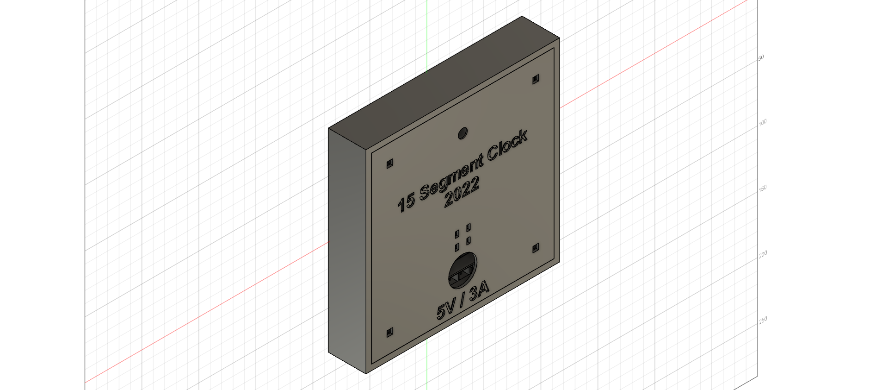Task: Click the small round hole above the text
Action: point(462,134)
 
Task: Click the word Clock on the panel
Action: point(507,146)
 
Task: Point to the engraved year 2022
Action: point(462,193)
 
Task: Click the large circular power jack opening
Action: point(462,270)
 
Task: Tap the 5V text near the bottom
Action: point(447,310)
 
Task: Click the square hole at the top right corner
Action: point(536,79)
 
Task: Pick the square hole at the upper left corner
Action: point(389,163)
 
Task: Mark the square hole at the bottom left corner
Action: point(389,332)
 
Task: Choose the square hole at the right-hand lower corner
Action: point(536,248)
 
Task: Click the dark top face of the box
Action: point(444,83)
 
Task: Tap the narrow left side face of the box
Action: point(347,250)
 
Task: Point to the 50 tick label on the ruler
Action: point(761,58)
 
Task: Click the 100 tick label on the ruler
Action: point(762,123)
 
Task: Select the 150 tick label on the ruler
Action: point(762,189)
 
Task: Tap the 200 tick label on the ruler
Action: point(762,254)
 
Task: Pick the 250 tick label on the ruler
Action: point(762,320)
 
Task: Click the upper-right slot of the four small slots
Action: point(469,227)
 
